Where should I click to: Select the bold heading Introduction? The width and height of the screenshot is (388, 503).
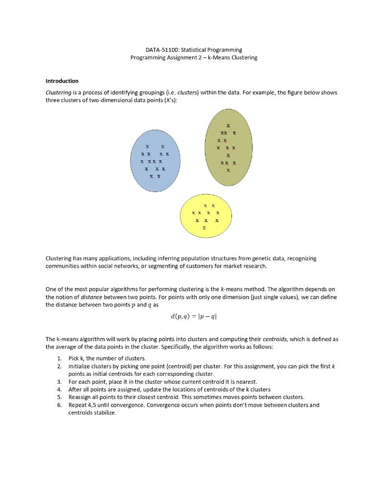[62, 81]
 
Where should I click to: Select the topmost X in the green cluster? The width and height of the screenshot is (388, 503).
[228, 127]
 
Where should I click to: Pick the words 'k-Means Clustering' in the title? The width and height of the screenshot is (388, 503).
[233, 57]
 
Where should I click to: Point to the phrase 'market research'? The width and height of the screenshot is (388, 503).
[254, 266]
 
